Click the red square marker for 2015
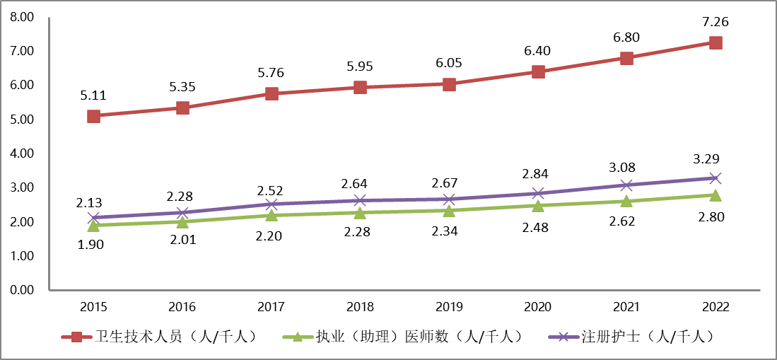click(x=93, y=116)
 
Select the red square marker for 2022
click(x=715, y=42)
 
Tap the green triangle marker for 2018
click(x=360, y=213)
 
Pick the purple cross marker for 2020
click(x=538, y=193)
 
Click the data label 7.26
click(x=715, y=22)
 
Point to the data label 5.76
click(x=271, y=72)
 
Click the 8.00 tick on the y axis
click(x=23, y=17)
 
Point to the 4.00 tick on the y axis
click(x=23, y=153)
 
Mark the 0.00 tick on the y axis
click(x=23, y=290)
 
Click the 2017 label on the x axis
click(x=271, y=308)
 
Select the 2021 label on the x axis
click(x=626, y=308)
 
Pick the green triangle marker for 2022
click(x=715, y=195)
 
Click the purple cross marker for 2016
click(x=182, y=212)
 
